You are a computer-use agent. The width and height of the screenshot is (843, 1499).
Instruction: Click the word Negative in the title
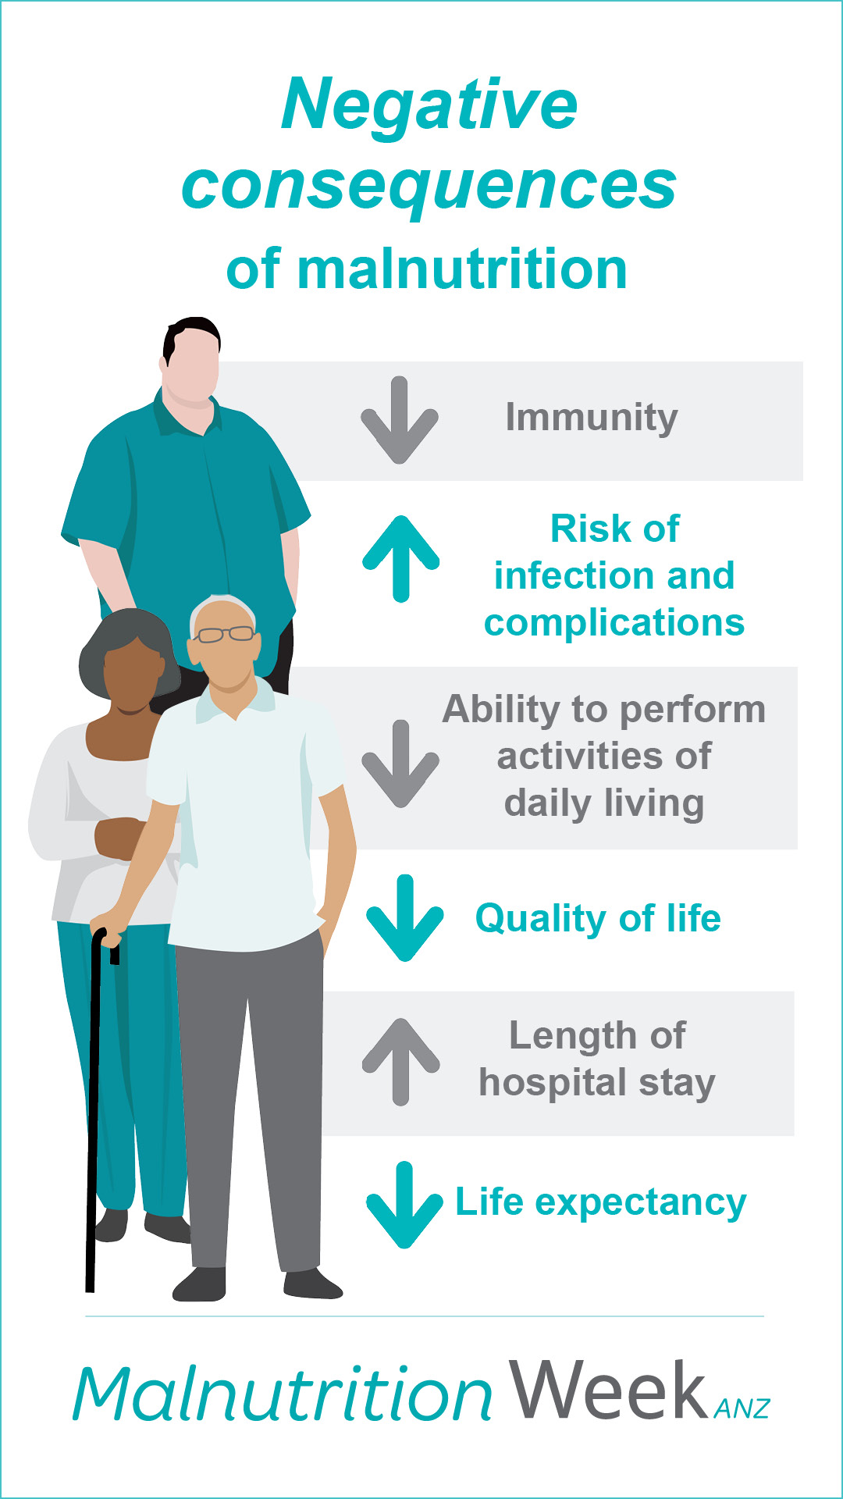[x=429, y=105]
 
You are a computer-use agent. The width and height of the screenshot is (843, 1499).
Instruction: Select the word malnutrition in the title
[x=462, y=269]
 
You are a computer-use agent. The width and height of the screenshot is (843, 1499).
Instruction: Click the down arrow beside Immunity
[x=400, y=420]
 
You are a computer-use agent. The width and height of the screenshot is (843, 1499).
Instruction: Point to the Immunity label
[x=592, y=418]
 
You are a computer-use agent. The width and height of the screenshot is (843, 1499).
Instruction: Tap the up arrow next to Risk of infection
[x=401, y=558]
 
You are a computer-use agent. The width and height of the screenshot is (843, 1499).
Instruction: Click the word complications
[x=614, y=624]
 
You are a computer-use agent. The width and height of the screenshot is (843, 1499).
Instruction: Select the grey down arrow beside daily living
[x=400, y=764]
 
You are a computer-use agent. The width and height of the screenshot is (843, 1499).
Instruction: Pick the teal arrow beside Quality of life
[x=405, y=918]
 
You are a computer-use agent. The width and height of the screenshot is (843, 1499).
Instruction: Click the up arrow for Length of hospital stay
[x=401, y=1062]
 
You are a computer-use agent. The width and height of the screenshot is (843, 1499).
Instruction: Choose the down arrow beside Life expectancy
[x=404, y=1205]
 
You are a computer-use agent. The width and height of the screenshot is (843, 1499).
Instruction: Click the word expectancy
[x=641, y=1204]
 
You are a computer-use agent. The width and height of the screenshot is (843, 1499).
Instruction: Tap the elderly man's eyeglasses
[x=225, y=634]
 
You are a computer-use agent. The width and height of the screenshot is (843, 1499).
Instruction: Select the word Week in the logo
[x=608, y=1390]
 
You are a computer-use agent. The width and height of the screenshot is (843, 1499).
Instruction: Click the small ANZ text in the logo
[x=742, y=1408]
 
